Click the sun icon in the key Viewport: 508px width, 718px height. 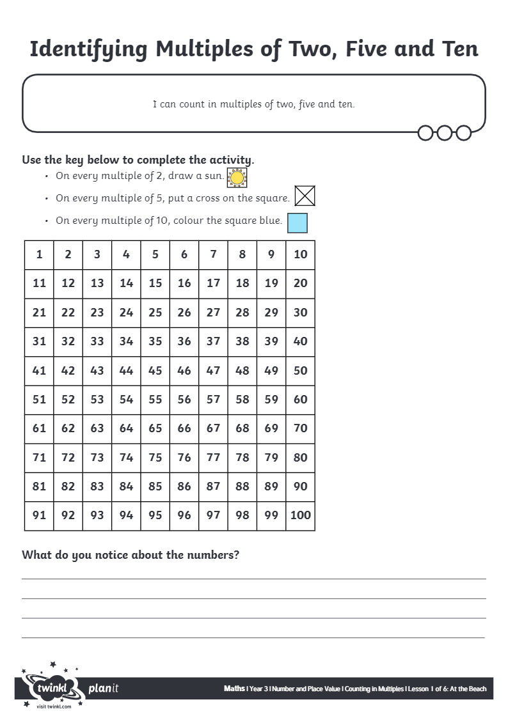[x=237, y=178]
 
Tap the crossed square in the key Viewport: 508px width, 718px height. [x=305, y=196]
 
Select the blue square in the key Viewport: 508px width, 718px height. [x=297, y=222]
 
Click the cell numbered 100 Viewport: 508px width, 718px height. [x=300, y=515]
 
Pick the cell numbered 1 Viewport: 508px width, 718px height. [x=39, y=254]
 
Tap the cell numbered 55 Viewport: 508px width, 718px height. [x=155, y=400]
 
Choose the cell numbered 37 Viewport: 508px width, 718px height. [x=213, y=341]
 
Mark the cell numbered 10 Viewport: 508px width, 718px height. [x=300, y=254]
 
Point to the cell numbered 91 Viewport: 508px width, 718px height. [x=39, y=515]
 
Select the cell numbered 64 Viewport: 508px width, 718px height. [x=126, y=428]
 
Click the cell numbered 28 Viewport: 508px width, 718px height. [x=242, y=313]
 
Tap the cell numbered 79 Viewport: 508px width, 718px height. [x=271, y=458]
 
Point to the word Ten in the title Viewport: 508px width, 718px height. [x=455, y=49]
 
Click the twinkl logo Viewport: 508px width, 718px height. [x=51, y=689]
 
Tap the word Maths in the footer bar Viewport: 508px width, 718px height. [x=234, y=689]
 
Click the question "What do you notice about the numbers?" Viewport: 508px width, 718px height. [x=131, y=555]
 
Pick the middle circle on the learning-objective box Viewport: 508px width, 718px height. [x=445, y=133]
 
